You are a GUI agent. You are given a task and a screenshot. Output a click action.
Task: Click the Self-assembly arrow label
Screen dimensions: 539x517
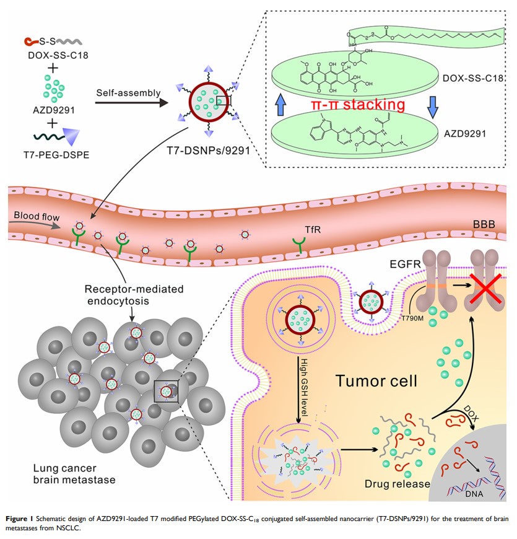[x=128, y=94]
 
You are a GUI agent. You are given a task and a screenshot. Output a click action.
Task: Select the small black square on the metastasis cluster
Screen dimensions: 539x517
[x=167, y=391]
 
